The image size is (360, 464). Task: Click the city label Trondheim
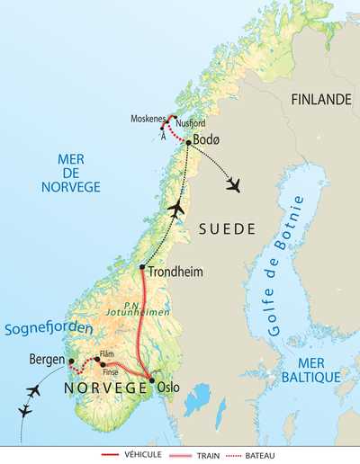[176, 272]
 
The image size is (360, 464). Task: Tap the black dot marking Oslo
[152, 381]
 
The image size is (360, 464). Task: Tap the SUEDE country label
[220, 229]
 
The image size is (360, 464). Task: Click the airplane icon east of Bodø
[235, 184]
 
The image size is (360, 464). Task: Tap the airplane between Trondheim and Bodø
[176, 208]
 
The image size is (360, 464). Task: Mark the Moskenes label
[147, 119]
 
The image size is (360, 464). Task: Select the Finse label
[111, 371]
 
